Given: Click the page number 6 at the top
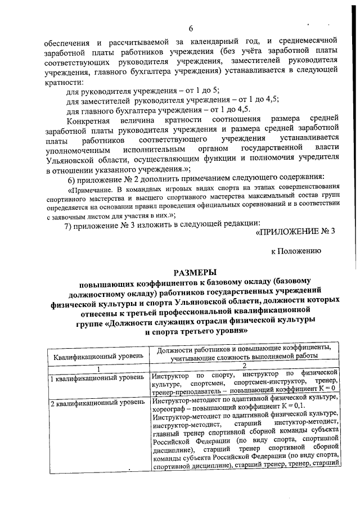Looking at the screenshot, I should [x=191, y=29].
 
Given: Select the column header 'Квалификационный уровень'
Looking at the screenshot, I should [x=98, y=356].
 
